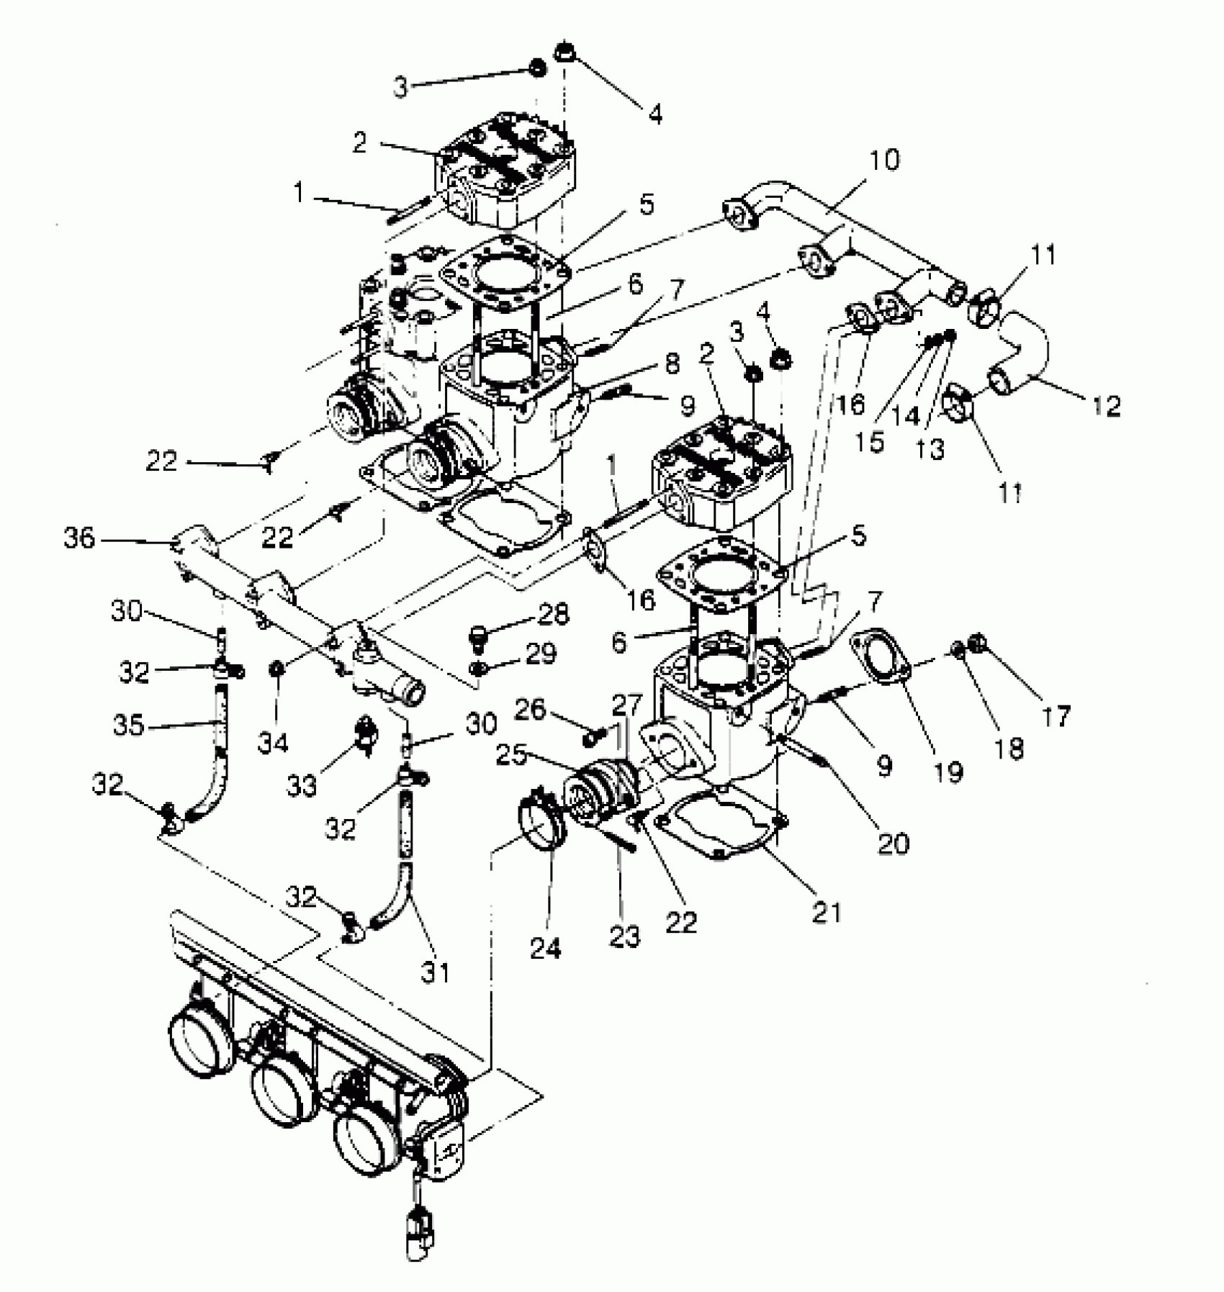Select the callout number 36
pos(79,537)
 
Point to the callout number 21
pos(826,912)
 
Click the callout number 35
pos(129,725)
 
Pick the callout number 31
pos(435,972)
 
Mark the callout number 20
pos(893,842)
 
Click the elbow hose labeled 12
pos(1022,353)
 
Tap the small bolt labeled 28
pos(478,636)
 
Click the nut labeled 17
pos(977,641)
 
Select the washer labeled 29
pos(477,669)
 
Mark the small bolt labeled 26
pos(592,737)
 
